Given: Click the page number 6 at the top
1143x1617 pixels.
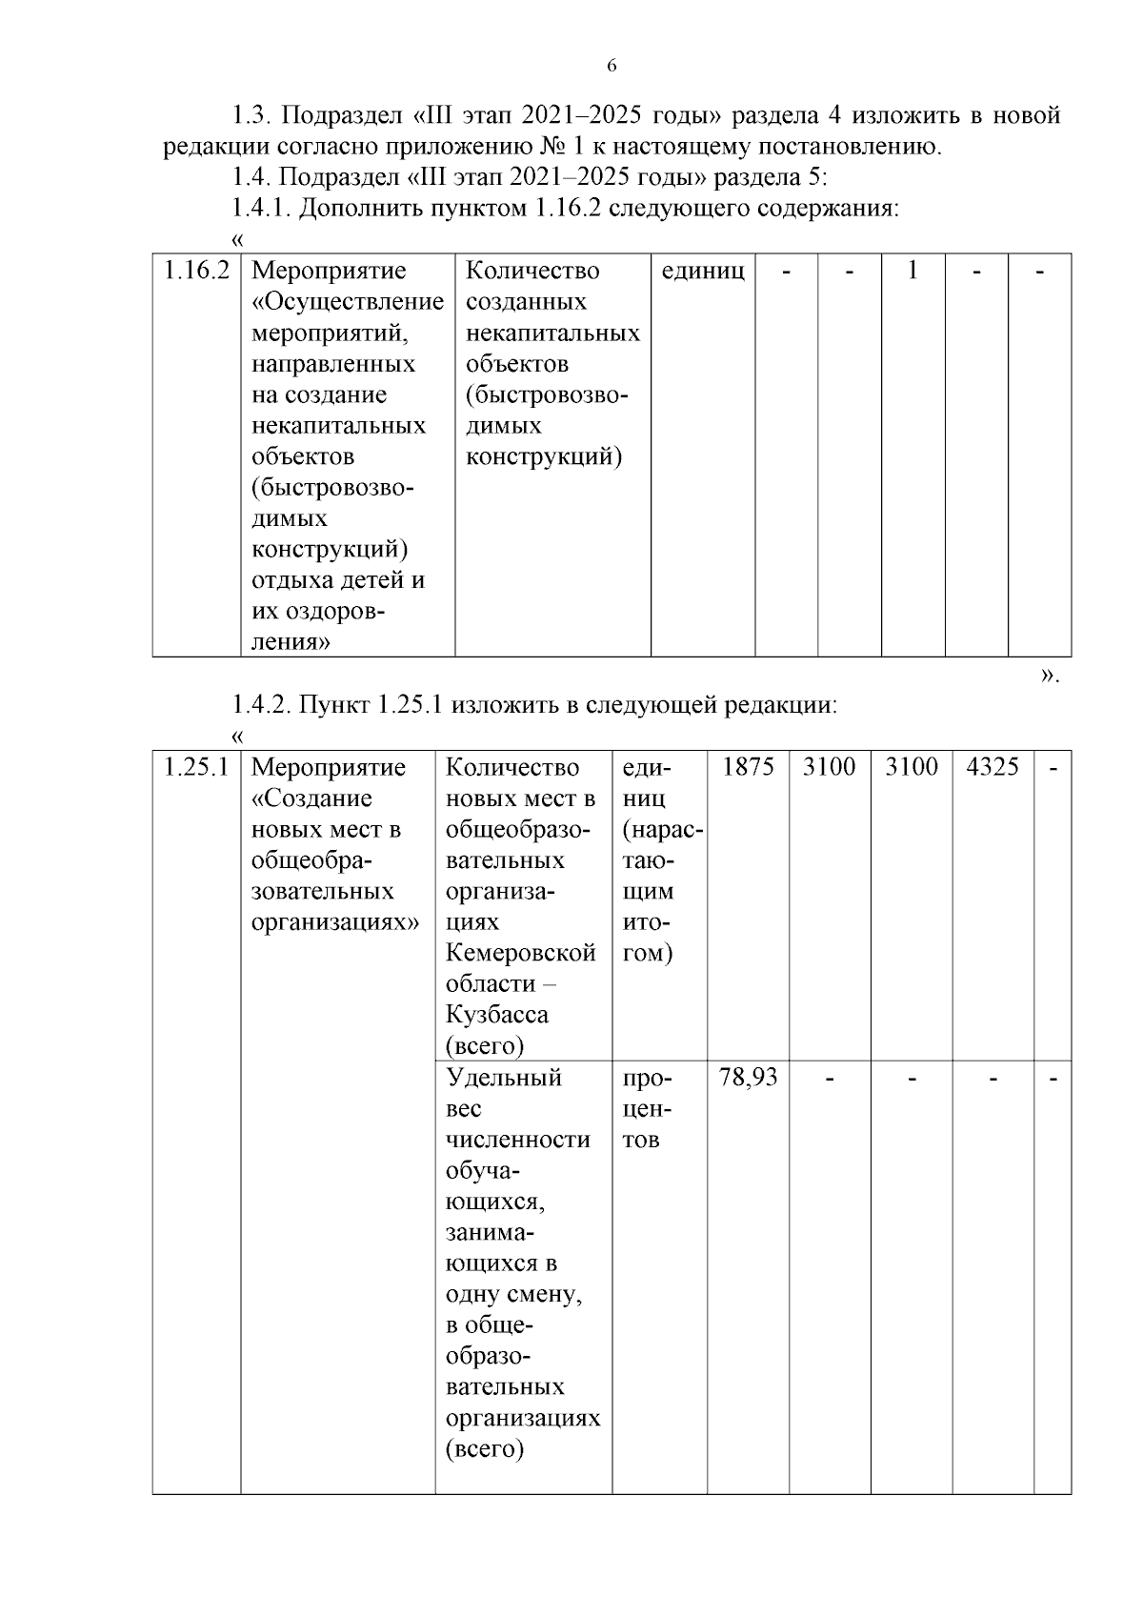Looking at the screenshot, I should tap(612, 66).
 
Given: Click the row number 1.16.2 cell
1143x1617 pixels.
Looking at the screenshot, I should tap(196, 271).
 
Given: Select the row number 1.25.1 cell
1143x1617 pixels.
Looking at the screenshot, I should tap(196, 767).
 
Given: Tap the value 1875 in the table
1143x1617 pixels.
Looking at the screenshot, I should tap(748, 767).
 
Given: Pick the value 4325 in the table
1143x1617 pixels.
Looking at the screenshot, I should tap(993, 767).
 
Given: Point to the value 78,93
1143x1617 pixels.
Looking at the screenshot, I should tap(748, 1078).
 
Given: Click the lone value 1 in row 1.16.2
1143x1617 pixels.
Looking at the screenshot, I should tap(912, 271).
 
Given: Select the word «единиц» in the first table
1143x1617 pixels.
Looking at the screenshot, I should tap(703, 271).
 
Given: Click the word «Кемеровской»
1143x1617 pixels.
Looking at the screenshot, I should tap(521, 953).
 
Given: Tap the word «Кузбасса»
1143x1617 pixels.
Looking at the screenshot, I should tap(497, 1015).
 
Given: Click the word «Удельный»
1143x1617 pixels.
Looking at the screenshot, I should tap(504, 1078).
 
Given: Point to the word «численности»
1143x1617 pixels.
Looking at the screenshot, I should tap(518, 1140).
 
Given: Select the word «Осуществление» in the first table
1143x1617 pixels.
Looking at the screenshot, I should tap(349, 302).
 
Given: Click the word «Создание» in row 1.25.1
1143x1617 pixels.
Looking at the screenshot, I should tap(312, 798).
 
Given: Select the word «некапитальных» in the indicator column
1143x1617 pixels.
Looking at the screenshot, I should tap(552, 333).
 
